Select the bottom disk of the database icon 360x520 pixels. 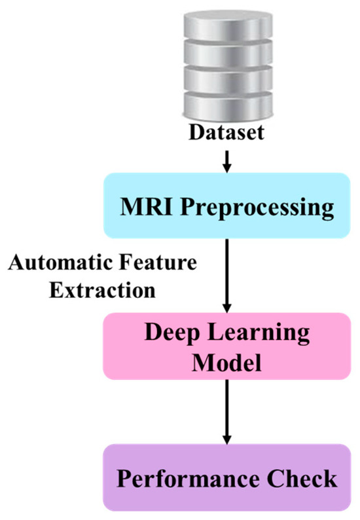(x=227, y=105)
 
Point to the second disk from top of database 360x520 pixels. (x=227, y=54)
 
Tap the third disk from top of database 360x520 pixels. (x=227, y=80)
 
